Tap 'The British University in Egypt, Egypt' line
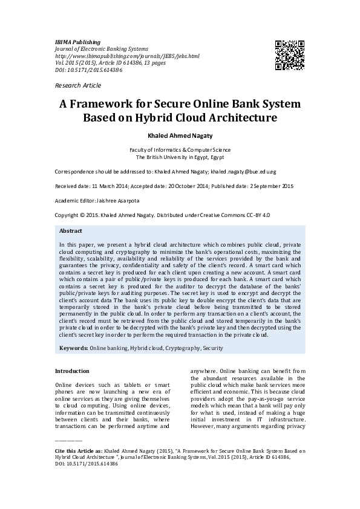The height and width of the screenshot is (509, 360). (180, 157)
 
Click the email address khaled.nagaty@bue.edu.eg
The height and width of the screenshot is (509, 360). (258, 171)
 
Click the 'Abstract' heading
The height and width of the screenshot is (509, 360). (71, 231)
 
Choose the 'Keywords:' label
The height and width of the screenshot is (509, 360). (73, 348)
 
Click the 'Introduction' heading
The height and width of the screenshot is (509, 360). (72, 371)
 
